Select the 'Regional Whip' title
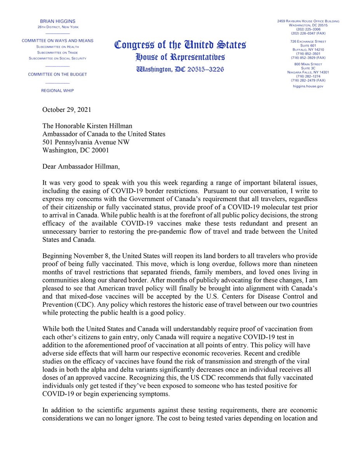point(57,90)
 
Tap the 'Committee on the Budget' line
point(57,74)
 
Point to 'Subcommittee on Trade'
point(57,52)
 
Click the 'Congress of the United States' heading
point(180,45)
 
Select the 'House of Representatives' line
point(180,58)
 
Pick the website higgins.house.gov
point(308,86)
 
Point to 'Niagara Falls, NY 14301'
point(308,72)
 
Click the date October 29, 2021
point(67,110)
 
